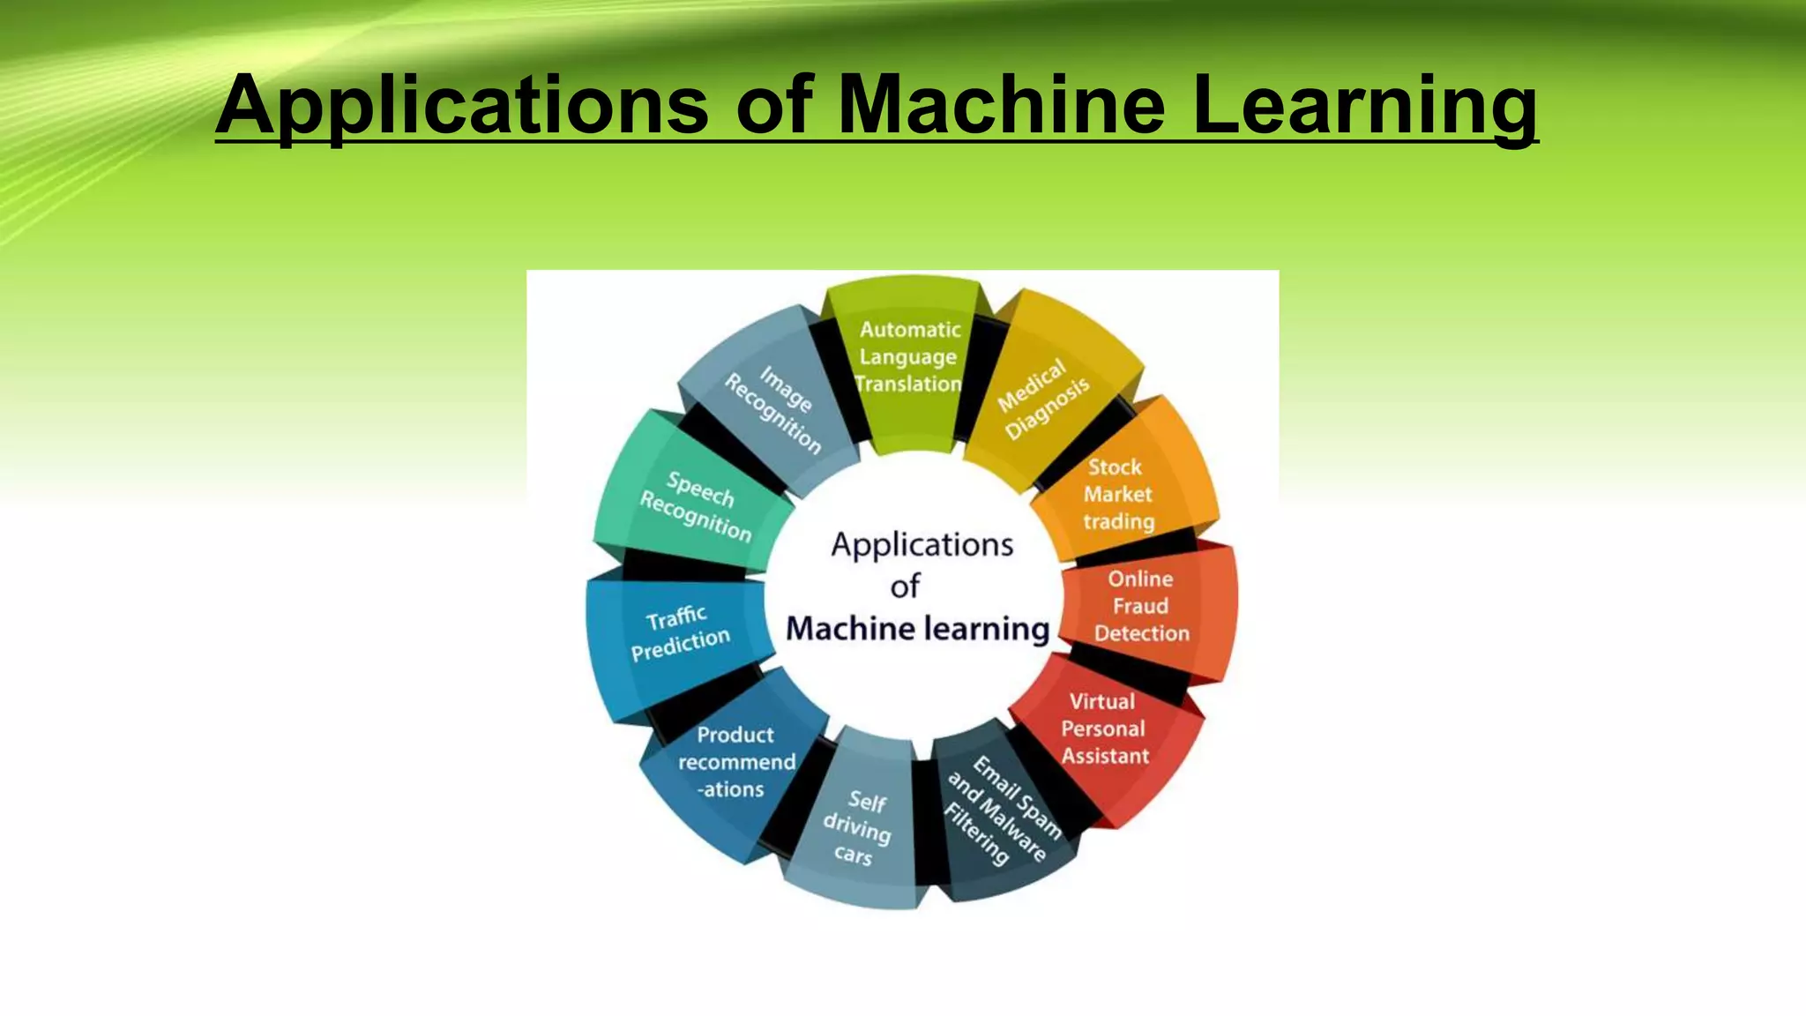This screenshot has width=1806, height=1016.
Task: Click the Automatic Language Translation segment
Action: [908, 357]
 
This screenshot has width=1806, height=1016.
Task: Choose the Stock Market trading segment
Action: [1118, 494]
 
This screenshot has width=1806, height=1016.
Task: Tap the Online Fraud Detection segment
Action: [1141, 606]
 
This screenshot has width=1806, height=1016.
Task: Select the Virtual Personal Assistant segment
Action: [1104, 728]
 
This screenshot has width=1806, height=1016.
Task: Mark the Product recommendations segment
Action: [735, 762]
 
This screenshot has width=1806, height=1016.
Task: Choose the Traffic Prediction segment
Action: [679, 631]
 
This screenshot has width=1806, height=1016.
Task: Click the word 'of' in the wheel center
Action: [906, 586]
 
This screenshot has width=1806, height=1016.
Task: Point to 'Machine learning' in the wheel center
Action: [917, 629]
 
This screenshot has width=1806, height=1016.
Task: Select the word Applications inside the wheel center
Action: [922, 545]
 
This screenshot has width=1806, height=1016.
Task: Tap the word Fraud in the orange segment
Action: [1140, 606]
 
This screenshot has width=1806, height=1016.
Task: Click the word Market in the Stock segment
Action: [1118, 494]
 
